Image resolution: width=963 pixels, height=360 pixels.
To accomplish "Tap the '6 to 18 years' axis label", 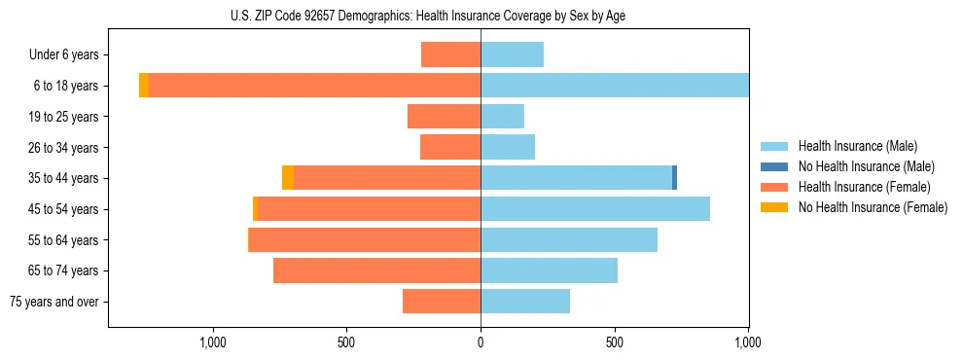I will click(x=67, y=86).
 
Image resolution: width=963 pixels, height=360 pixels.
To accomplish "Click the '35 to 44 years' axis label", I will click(x=65, y=178).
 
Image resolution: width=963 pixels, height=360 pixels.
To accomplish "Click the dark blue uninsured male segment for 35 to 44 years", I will click(x=674, y=178).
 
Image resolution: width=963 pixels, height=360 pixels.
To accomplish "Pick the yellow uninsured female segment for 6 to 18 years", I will click(x=144, y=86).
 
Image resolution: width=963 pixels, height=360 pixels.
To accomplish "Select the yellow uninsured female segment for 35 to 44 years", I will click(x=288, y=178).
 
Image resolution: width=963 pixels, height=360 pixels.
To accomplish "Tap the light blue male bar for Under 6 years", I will click(x=512, y=55).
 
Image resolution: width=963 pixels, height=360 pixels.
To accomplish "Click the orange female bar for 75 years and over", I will click(x=442, y=302).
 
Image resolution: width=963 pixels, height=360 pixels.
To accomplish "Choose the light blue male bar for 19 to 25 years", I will click(x=502, y=117).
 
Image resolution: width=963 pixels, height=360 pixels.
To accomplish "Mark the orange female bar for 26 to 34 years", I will click(x=450, y=147).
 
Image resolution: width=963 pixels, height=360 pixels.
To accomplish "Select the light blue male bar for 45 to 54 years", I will click(x=595, y=209).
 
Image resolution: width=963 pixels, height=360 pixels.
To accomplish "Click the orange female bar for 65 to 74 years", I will click(x=376, y=270).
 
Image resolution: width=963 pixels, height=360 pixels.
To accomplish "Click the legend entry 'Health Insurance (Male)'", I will click(x=856, y=146).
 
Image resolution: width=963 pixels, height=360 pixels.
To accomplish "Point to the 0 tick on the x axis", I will click(x=481, y=342).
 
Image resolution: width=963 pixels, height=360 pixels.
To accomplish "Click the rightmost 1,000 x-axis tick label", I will click(x=747, y=342).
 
